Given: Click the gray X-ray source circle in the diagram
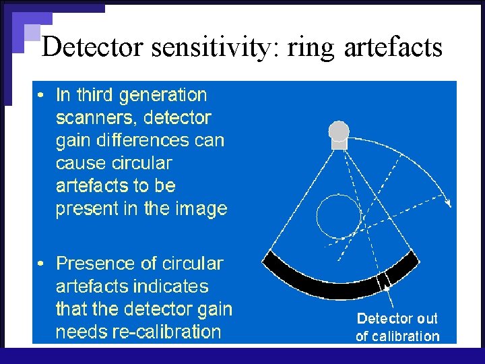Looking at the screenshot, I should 338,130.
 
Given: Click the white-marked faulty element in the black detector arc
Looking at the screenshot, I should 385,279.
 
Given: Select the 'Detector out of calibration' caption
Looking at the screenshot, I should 397,327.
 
